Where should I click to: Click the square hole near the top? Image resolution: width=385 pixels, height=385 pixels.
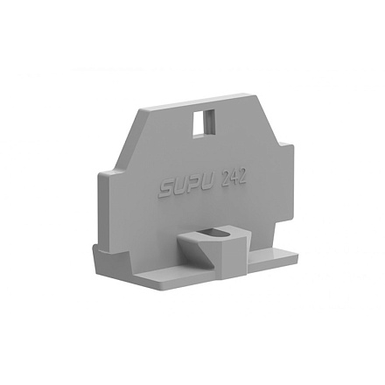tap(204, 122)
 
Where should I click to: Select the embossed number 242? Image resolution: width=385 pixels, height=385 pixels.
tap(234, 178)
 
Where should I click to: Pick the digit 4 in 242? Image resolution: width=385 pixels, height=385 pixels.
tap(234, 178)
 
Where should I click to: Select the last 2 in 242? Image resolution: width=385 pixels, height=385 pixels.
tap(242, 176)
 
